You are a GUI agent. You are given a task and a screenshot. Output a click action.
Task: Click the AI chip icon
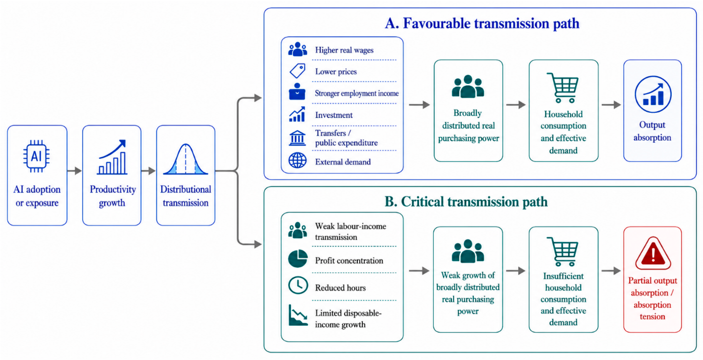pyautogui.click(x=36, y=156)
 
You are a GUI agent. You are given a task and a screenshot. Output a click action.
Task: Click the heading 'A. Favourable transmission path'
pyautogui.click(x=482, y=23)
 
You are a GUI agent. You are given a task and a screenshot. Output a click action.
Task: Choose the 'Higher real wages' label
pyautogui.click(x=344, y=50)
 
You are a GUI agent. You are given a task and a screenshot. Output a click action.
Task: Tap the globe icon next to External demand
pyautogui.click(x=298, y=160)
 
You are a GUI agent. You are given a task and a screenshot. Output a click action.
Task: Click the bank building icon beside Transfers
pyautogui.click(x=297, y=138)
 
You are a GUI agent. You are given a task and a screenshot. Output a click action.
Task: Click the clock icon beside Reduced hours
pyautogui.click(x=298, y=285)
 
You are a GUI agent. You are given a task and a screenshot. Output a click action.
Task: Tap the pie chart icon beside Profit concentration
pyautogui.click(x=298, y=258)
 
